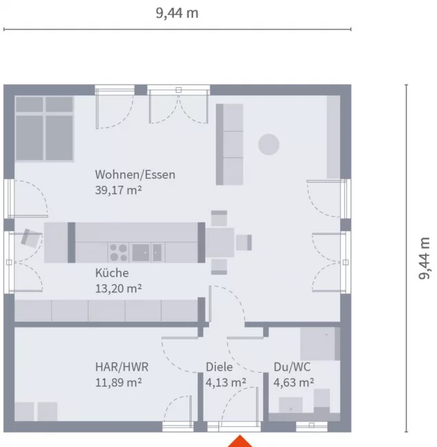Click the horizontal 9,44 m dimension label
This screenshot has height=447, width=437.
click(177, 14)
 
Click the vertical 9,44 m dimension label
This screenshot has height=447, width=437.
click(425, 258)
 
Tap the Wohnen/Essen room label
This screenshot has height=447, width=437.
click(135, 174)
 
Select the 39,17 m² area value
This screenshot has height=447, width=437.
click(118, 190)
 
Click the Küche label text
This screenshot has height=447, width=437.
click(112, 273)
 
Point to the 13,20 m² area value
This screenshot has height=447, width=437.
click(118, 288)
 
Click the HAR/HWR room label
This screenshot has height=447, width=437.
click(122, 367)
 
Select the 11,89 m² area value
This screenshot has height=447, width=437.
click(118, 382)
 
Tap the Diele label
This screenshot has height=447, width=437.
click(219, 367)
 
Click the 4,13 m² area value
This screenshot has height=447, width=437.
click(225, 382)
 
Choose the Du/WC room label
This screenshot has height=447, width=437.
click(292, 367)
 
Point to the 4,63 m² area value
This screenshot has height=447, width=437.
click(294, 382)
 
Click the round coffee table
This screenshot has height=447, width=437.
click(269, 144)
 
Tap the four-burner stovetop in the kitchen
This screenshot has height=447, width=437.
click(118, 252)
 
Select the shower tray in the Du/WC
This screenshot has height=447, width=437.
click(320, 344)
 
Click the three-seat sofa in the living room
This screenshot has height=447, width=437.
click(229, 144)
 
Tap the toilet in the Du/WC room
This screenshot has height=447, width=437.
click(322, 400)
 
